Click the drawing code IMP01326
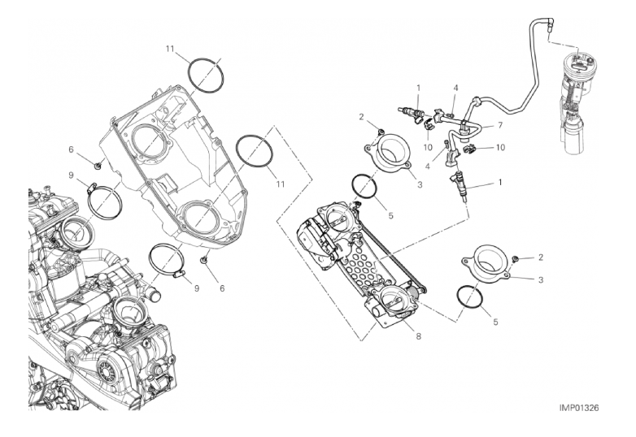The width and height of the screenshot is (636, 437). coord(579,408)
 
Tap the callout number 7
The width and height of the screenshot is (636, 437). coord(500,126)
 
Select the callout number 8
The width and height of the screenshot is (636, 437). coord(418,336)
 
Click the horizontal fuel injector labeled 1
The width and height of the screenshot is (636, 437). coord(412,110)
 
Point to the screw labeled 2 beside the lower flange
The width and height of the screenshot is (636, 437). coord(516,259)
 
